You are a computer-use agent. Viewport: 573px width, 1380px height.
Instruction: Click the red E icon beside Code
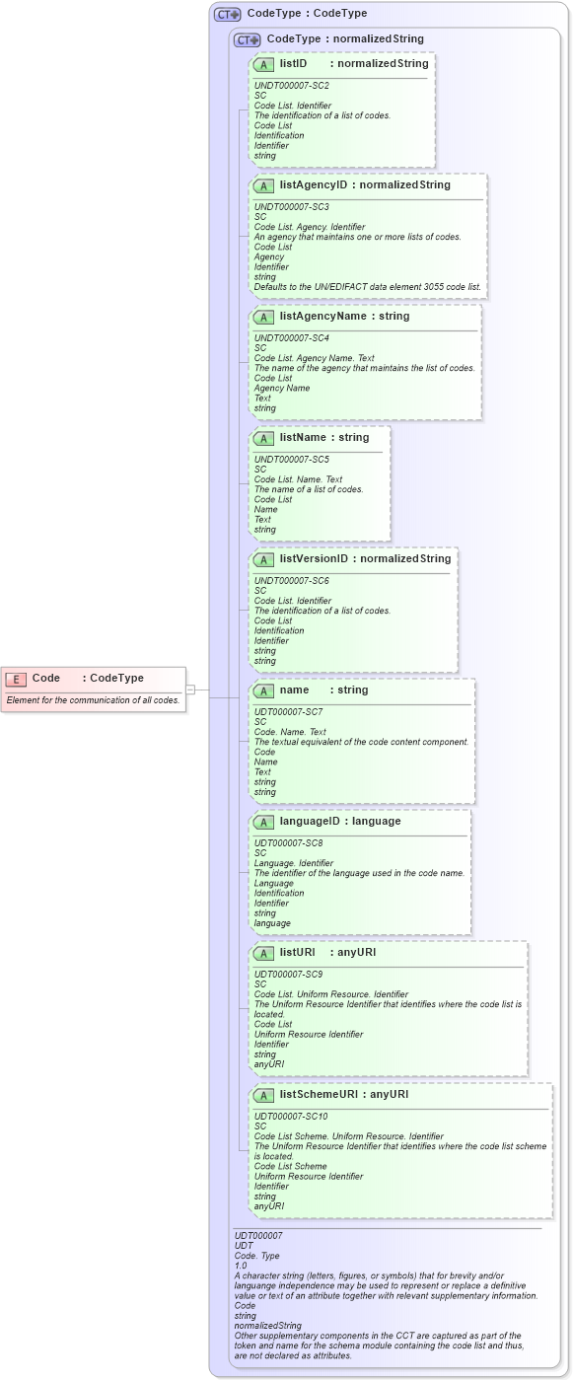(x=16, y=679)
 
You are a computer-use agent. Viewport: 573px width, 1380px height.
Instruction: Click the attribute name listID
(x=293, y=63)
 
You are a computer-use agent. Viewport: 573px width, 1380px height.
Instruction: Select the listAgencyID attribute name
(x=314, y=184)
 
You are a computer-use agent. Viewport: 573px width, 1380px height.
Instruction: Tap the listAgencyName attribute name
(x=322, y=317)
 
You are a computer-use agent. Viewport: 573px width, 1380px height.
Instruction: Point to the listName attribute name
(x=303, y=437)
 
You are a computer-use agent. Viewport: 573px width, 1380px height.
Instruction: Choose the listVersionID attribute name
(x=314, y=558)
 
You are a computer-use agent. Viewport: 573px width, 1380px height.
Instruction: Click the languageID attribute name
(x=314, y=821)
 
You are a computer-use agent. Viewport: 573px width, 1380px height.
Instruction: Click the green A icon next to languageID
(x=263, y=822)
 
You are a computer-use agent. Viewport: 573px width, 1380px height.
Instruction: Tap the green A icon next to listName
(x=263, y=438)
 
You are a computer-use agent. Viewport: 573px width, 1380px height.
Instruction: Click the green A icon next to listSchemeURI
(x=263, y=1095)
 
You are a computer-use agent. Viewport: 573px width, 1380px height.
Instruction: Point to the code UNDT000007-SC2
(x=292, y=86)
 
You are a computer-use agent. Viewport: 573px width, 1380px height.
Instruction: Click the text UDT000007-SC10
(x=288, y=1117)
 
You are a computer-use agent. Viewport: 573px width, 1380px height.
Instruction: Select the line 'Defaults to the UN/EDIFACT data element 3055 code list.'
(x=368, y=287)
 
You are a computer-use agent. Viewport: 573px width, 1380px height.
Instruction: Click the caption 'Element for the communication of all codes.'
(x=93, y=700)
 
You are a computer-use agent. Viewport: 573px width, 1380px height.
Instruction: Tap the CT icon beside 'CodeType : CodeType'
(x=228, y=14)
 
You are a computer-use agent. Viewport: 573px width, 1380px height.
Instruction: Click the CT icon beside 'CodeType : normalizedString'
(x=247, y=39)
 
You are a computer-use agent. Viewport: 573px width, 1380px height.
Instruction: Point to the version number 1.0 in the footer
(x=241, y=1266)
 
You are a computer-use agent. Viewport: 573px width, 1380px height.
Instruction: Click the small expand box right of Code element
(x=190, y=690)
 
